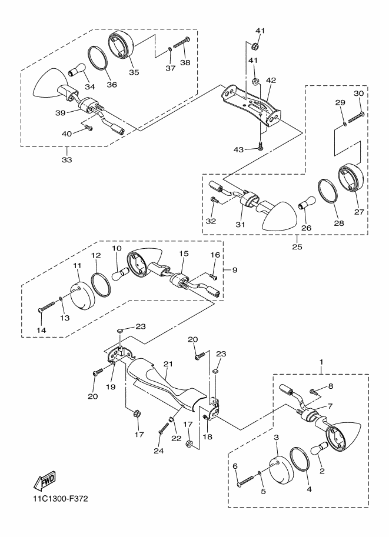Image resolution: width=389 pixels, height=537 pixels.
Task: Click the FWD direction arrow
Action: pyautogui.click(x=44, y=481)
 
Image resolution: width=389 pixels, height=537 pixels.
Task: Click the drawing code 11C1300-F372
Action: pyautogui.click(x=61, y=498)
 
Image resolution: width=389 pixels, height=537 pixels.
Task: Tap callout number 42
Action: pyautogui.click(x=271, y=81)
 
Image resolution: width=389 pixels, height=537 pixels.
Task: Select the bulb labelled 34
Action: pyautogui.click(x=77, y=69)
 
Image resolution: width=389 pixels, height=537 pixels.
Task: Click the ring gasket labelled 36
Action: pyautogui.click(x=98, y=59)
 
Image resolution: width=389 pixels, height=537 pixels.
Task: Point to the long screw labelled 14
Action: pyautogui.click(x=46, y=306)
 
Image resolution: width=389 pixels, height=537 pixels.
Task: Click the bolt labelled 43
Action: pyautogui.click(x=261, y=146)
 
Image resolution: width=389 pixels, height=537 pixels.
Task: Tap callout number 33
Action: pyautogui.click(x=67, y=159)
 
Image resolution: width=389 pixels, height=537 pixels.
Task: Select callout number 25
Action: pyautogui.click(x=297, y=246)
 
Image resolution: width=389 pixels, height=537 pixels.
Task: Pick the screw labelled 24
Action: pyautogui.click(x=164, y=428)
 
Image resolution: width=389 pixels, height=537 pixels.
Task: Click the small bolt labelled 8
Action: pyautogui.click(x=313, y=391)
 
